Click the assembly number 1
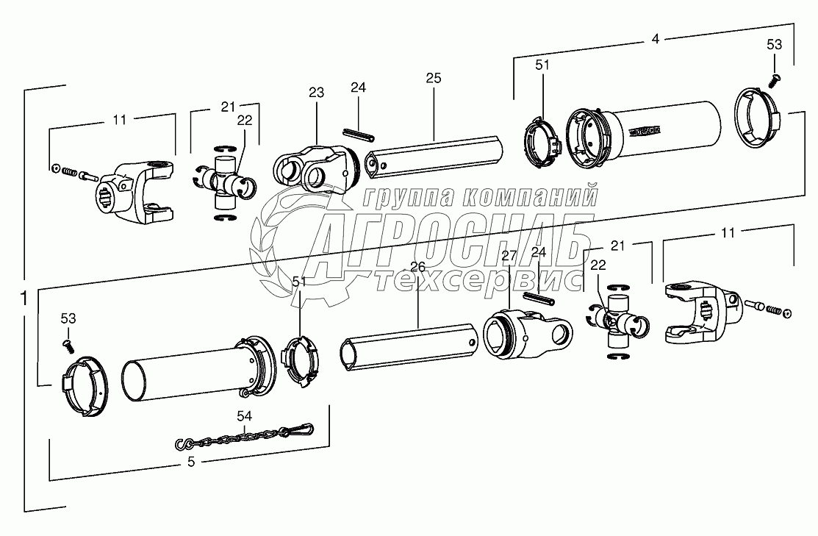coord(25,299)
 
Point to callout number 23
coord(316,94)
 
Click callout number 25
coord(433,77)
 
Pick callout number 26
coord(417,268)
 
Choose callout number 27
coord(509,256)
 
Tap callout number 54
coord(244,416)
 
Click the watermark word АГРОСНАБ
coord(448,241)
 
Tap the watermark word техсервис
coord(478,279)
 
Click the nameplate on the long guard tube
coord(645,131)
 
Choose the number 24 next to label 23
coord(358,87)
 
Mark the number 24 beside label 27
coord(539,252)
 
